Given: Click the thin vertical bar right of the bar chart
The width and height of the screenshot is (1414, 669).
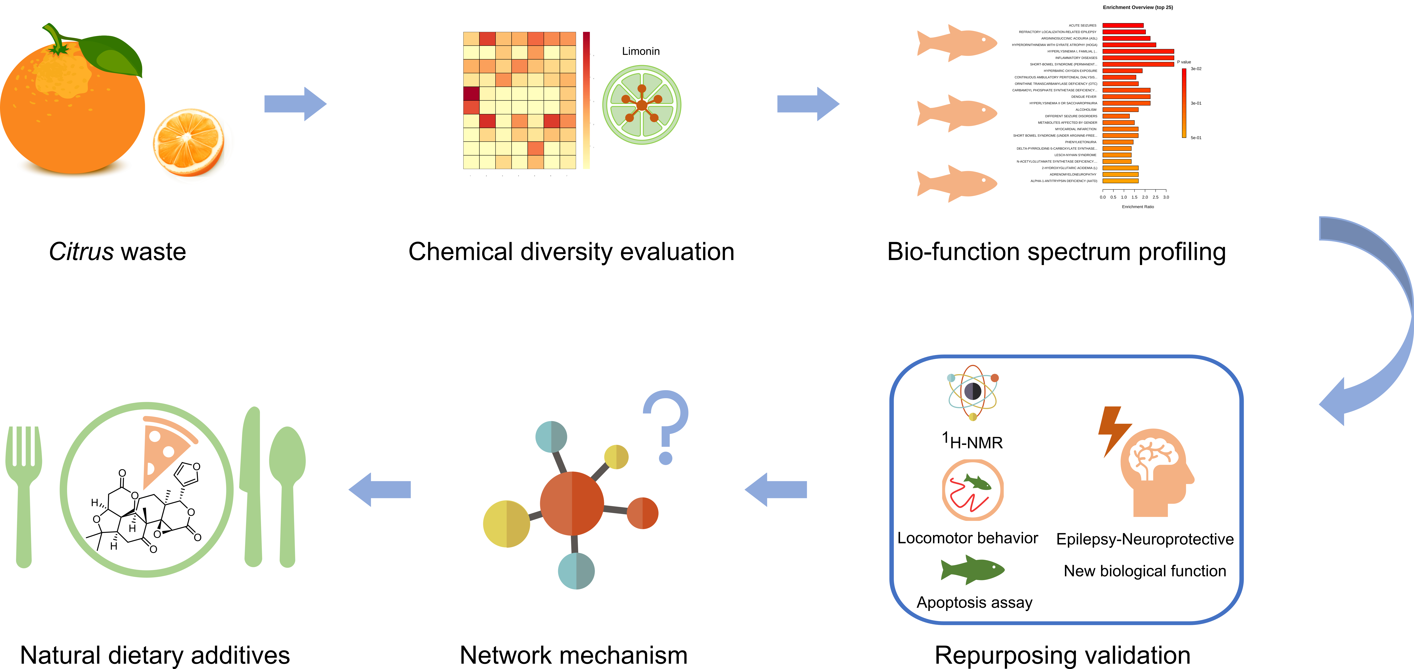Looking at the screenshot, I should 1184,103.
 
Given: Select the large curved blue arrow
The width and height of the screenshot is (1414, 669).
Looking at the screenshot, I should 1372,318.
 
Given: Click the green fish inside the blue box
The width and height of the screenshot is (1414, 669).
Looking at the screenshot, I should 972,570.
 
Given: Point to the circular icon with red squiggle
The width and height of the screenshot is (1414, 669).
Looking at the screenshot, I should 972,489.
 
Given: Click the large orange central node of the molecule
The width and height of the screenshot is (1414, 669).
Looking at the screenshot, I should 572,503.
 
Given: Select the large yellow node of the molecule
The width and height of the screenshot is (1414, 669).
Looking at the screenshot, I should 506,524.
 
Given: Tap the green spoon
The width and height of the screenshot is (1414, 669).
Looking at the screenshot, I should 287,488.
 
